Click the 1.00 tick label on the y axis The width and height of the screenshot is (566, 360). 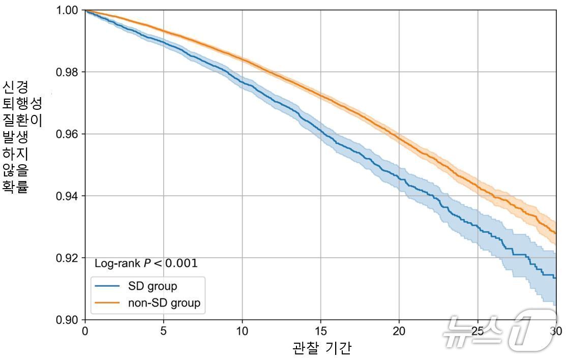[x=67, y=10]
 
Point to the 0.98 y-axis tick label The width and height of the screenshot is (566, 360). [x=67, y=72]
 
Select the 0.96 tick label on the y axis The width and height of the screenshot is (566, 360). [x=67, y=134]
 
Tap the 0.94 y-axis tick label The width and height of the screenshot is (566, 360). [x=67, y=196]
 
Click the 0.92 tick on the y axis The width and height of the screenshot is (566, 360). [x=67, y=258]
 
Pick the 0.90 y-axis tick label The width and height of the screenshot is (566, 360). [x=67, y=320]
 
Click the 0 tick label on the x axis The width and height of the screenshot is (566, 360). [x=85, y=330]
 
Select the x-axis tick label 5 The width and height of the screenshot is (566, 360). [x=163, y=330]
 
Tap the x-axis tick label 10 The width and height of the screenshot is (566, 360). [x=242, y=330]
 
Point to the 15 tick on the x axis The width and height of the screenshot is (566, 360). [x=320, y=330]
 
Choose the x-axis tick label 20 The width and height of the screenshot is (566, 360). [x=399, y=330]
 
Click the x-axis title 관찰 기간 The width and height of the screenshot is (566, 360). [x=321, y=348]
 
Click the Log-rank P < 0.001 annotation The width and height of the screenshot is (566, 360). [x=146, y=263]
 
